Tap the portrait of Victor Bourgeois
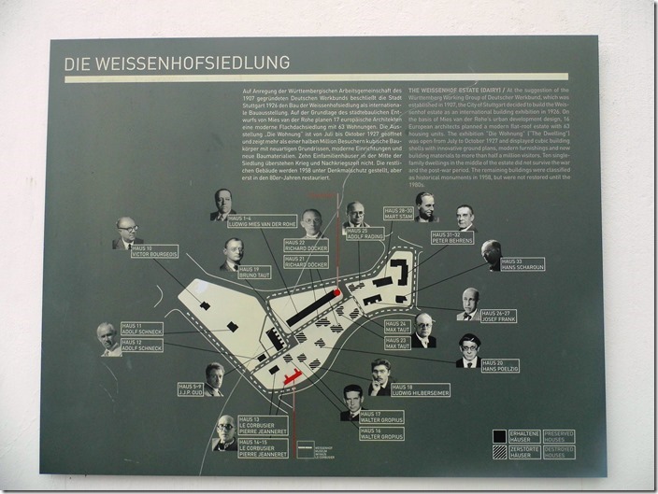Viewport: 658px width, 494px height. click(x=125, y=233)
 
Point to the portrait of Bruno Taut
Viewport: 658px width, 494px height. click(x=233, y=254)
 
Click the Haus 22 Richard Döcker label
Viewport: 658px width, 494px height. click(x=307, y=247)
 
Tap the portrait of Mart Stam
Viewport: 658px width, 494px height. click(x=425, y=207)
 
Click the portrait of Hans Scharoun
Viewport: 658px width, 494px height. click(x=492, y=255)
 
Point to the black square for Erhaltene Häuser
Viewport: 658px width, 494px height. click(x=499, y=435)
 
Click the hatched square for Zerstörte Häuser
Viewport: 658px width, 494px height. click(x=499, y=452)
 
